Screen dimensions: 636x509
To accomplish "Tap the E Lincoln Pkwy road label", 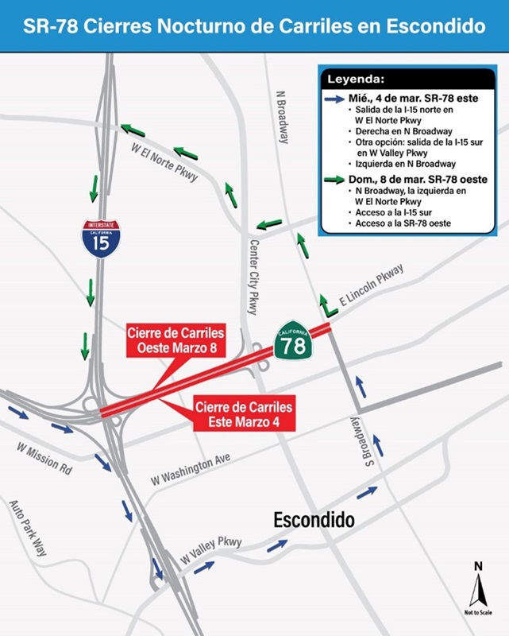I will [372, 286].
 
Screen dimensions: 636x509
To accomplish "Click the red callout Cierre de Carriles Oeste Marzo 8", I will [176, 340].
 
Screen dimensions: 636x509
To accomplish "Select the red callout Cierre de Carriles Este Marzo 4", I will [245, 414].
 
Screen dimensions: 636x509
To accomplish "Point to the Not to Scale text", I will [477, 613].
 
